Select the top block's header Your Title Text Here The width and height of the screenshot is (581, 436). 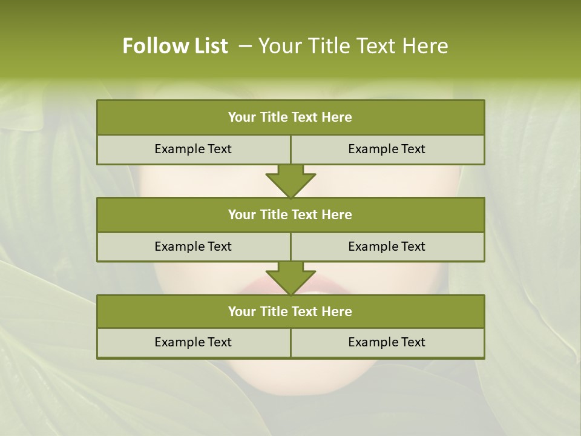[290, 117]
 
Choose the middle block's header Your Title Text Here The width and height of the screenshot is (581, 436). [290, 214]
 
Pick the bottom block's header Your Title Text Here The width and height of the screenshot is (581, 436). [290, 311]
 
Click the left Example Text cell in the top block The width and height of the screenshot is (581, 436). [193, 149]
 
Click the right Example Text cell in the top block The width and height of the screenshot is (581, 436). [387, 149]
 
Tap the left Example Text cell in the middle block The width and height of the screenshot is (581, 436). [193, 246]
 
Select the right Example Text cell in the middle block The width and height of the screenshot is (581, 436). [387, 246]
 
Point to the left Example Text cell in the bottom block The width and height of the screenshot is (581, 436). [193, 342]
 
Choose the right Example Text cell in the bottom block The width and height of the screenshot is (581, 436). [387, 342]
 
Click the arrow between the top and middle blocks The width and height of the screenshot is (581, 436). [290, 181]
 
